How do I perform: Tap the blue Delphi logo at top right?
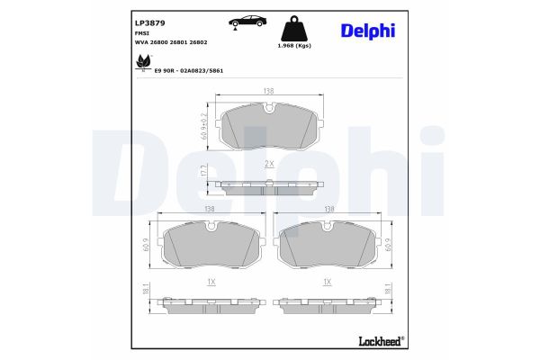point(367,31)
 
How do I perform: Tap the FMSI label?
point(116,32)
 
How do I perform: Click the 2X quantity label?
point(269,163)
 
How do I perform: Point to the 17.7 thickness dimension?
point(203,171)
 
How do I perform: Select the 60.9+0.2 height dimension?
point(203,124)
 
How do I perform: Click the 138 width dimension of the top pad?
point(269,91)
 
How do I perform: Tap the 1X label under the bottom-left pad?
point(211,282)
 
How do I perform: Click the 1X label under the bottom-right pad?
point(328,282)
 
